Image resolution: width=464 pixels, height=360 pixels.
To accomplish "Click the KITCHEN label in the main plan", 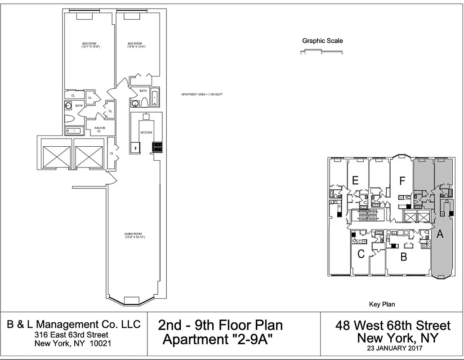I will click(x=146, y=132).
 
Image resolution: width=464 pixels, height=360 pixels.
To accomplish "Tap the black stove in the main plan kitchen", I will click(x=157, y=147).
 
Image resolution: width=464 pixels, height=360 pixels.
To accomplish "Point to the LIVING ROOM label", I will click(x=134, y=235).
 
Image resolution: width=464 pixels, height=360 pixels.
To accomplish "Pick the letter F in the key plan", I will click(x=402, y=181).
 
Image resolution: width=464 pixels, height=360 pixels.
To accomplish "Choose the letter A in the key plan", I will click(x=440, y=234).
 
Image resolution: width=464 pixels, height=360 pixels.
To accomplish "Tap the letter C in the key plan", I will click(x=361, y=254).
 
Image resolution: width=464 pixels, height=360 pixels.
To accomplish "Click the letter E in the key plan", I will click(x=355, y=181).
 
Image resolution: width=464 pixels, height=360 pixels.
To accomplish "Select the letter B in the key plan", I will click(x=404, y=257).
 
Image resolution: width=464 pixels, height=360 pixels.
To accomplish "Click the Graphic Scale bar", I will click(x=322, y=52).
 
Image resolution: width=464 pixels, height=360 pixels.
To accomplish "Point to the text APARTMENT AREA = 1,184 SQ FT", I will click(x=202, y=94).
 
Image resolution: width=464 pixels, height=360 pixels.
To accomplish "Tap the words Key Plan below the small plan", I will click(x=382, y=304).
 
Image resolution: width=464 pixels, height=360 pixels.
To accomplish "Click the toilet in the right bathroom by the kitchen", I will click(x=145, y=103).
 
